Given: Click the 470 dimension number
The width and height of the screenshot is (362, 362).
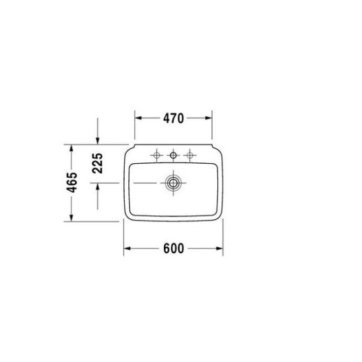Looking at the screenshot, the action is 173,118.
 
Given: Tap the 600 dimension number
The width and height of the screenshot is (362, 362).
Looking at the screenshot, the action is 174,248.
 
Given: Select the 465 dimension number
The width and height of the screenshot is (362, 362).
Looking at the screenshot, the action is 72,182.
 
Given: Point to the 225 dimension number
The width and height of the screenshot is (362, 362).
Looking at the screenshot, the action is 97,163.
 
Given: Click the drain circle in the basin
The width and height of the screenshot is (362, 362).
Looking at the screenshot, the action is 173,183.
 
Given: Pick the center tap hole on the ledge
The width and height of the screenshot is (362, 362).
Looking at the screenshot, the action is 173,155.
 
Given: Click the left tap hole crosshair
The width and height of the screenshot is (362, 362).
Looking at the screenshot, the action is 157,155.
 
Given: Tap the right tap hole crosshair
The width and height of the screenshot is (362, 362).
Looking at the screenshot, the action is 190,155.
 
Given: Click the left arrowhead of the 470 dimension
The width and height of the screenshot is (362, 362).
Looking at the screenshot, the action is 138,118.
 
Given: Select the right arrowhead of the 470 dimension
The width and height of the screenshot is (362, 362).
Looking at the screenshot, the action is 209,118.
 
